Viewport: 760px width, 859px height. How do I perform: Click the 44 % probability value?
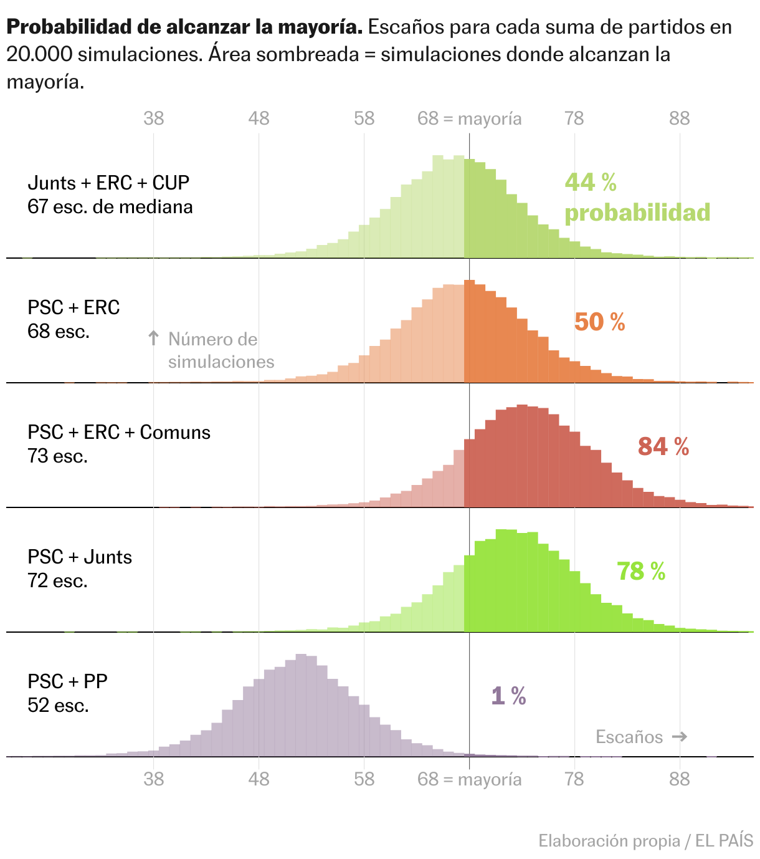coord(590,183)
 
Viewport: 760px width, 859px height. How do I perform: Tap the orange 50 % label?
coord(599,322)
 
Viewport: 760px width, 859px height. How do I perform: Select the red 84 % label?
coord(663,447)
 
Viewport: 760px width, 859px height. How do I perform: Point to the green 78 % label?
coord(641,572)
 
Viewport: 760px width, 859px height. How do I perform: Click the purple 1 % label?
coord(508,696)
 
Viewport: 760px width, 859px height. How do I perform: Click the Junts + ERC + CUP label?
coord(108,183)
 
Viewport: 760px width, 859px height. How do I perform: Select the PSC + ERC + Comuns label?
coord(119,432)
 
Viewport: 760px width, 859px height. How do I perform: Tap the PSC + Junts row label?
coord(80,557)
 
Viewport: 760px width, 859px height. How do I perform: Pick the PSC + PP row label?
coord(67,681)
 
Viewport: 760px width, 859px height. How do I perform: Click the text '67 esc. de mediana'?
coord(110,207)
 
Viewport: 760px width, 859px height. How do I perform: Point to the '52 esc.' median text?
coord(58,706)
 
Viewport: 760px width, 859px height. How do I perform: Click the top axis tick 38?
coord(153,118)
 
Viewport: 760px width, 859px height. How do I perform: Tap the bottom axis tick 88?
coord(679,779)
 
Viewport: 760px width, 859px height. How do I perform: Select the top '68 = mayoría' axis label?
coord(469,118)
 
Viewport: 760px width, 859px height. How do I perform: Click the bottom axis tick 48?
coord(259,779)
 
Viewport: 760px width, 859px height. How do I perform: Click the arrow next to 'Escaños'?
coord(680,737)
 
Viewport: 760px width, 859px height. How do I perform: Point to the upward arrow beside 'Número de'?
coord(153,338)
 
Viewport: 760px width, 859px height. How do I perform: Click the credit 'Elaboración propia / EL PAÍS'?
coord(645,841)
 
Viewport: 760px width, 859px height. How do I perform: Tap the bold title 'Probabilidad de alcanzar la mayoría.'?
coord(184,27)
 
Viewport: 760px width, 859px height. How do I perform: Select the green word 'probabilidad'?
coord(637,213)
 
